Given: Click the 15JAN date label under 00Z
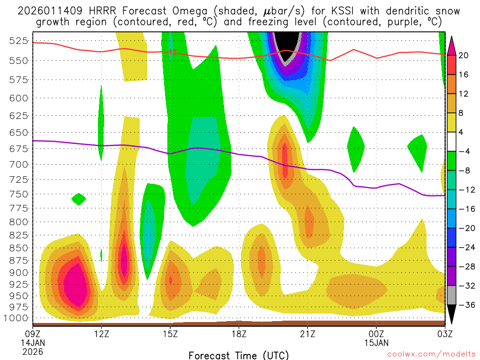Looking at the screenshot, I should pos(376,343).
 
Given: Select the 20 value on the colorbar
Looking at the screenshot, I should pos(464,55).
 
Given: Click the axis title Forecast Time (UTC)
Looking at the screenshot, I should pos(239,355).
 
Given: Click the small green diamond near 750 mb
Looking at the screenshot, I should pos(78,199).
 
